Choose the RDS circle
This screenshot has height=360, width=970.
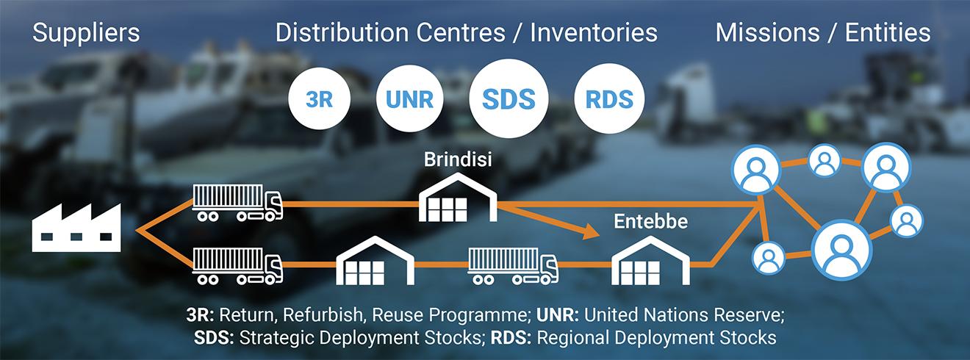pos(609,99)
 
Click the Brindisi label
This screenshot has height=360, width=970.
pos(458,159)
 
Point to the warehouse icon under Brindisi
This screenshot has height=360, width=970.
pos(458,200)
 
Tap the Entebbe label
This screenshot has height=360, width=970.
pos(651,222)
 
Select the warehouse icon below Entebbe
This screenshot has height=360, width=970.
pos(652,262)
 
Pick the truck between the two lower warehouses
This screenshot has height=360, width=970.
pos(512,266)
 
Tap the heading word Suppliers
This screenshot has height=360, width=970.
pos(86,33)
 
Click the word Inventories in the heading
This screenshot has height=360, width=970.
pos(594,33)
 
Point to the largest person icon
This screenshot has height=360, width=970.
pos(841,249)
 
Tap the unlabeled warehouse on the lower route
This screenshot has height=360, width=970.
pos(374,262)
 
